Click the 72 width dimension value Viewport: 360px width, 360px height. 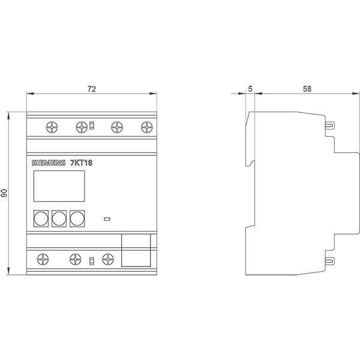(92, 89)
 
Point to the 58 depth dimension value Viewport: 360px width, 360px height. (307, 89)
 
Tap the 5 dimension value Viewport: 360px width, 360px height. (250, 89)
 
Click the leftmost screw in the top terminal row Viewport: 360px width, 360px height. (52, 127)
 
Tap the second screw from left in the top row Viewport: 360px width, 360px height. (82, 127)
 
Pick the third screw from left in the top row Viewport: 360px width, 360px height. (116, 127)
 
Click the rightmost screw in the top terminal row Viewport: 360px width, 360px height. (146, 127)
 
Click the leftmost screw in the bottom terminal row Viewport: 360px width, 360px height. (43, 259)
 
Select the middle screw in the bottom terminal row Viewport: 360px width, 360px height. (75, 259)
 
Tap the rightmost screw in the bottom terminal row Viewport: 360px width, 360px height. (108, 259)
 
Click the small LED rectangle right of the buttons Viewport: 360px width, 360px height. (108, 218)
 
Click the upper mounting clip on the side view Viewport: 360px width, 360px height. (330, 125)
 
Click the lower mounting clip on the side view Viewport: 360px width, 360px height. (330, 261)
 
